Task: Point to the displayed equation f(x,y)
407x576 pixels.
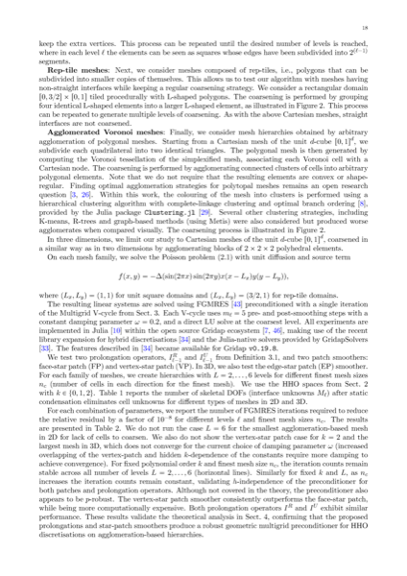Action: pyautogui.click(x=203, y=274)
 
